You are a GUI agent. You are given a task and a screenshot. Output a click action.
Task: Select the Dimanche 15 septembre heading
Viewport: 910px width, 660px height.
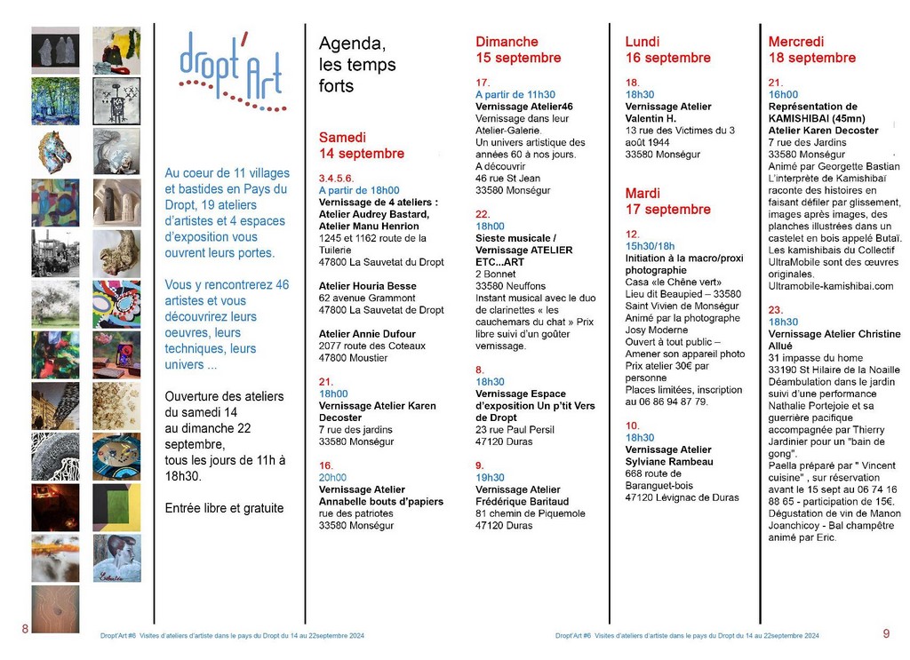(x=518, y=50)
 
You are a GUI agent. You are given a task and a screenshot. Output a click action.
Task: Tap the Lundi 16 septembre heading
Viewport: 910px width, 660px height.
(x=667, y=50)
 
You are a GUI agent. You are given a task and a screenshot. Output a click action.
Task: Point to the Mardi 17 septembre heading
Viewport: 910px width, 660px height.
(x=667, y=201)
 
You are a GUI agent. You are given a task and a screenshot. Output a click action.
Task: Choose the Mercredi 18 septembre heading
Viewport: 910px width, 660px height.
(x=811, y=50)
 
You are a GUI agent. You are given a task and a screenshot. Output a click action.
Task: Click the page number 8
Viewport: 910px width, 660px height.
(x=25, y=629)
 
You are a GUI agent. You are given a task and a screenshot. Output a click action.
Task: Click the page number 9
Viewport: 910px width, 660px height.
(x=886, y=633)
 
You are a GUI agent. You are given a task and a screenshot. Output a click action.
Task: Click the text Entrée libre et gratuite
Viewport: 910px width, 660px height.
(x=225, y=508)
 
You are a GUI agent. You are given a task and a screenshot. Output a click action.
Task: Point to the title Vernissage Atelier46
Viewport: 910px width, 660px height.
(x=524, y=107)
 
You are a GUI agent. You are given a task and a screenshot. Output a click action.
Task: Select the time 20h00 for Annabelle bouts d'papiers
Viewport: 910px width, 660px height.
(x=333, y=477)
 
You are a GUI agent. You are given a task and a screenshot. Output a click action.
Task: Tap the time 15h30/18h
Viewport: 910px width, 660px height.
(x=651, y=246)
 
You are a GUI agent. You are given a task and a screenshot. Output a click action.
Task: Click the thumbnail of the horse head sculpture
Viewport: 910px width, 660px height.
(x=53, y=153)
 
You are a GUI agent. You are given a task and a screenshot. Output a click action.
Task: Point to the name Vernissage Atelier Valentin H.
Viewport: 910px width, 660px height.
(x=668, y=113)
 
